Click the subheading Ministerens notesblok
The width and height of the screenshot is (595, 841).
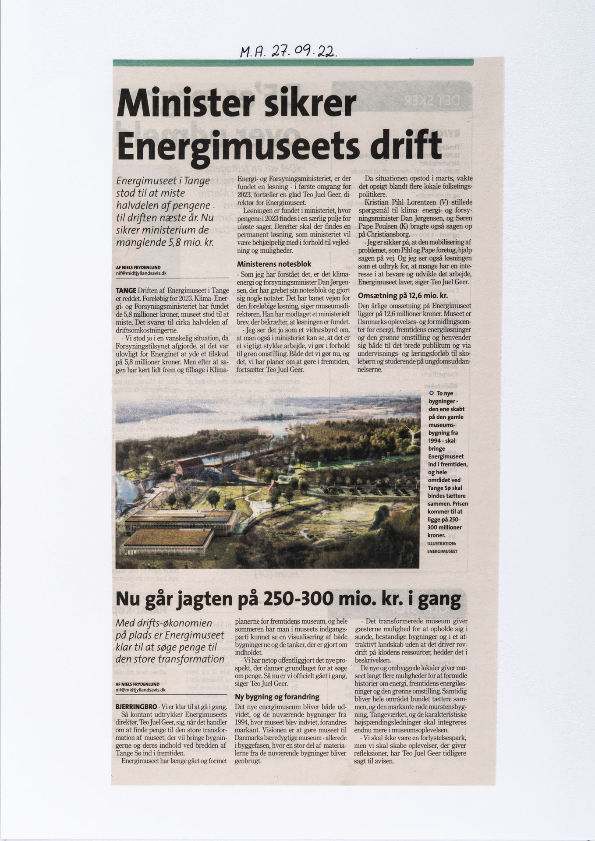(274, 264)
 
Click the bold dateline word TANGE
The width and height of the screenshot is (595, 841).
(126, 290)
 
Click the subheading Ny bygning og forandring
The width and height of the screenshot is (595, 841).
(277, 697)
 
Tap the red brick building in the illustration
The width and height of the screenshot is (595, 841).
(189, 468)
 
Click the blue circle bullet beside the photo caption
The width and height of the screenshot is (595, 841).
(432, 393)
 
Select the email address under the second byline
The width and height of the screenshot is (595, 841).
(141, 689)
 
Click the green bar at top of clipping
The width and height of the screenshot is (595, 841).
(293, 63)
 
